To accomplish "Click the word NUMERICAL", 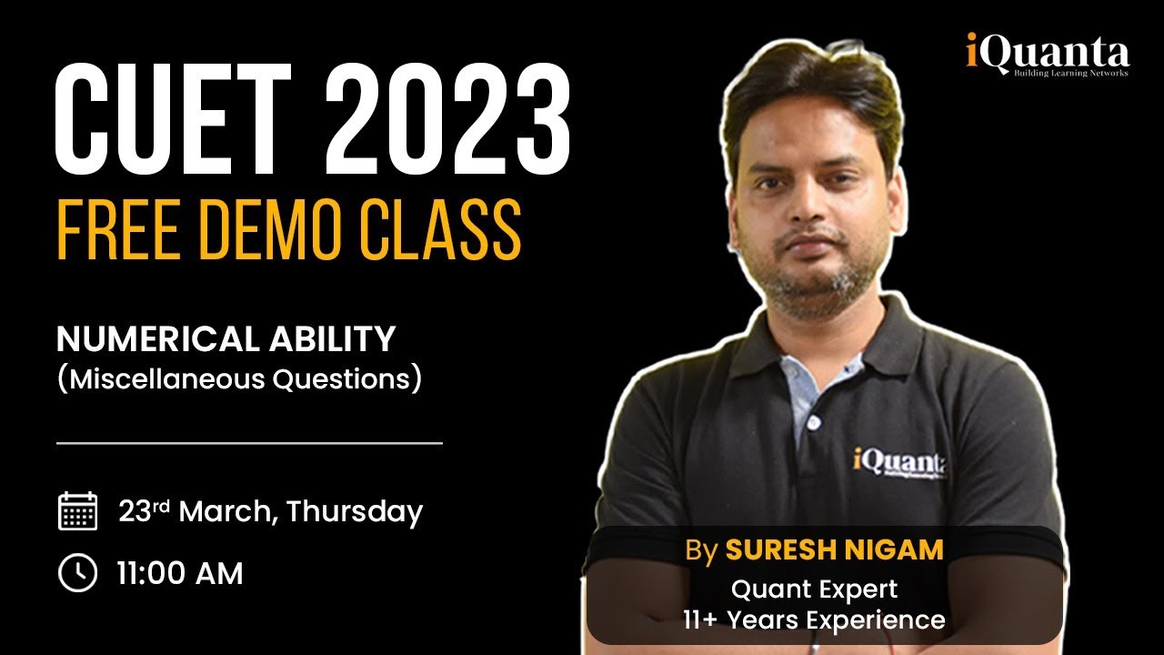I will pyautogui.click(x=151, y=339).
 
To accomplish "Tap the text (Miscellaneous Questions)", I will pyautogui.click(x=239, y=378).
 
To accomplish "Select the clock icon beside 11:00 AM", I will pyautogui.click(x=77, y=573).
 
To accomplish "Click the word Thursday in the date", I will pyautogui.click(x=355, y=512).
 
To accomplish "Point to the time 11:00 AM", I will pyautogui.click(x=180, y=574).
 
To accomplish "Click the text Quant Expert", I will pyautogui.click(x=814, y=589).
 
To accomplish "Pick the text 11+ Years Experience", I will pyautogui.click(x=814, y=620).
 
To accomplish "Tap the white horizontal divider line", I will pyautogui.click(x=249, y=443).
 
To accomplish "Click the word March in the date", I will pyautogui.click(x=227, y=512).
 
